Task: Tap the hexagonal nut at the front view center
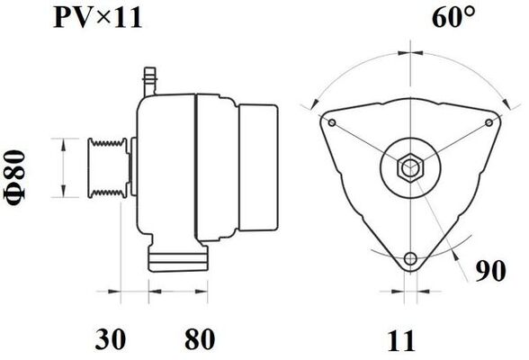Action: (x=409, y=167)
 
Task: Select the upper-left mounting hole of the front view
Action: (x=332, y=122)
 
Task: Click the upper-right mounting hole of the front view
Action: (x=487, y=122)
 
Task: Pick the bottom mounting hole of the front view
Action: (x=410, y=260)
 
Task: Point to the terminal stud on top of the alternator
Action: (x=149, y=79)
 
